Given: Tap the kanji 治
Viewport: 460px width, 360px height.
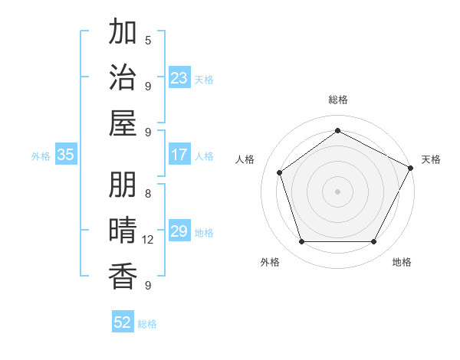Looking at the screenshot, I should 123,77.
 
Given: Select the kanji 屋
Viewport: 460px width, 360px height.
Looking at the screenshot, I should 123,123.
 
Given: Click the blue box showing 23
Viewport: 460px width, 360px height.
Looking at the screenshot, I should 179,78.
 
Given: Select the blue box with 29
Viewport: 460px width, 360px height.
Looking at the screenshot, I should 179,232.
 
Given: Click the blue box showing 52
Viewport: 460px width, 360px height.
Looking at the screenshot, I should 123,322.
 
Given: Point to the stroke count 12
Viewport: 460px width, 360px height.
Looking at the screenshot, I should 148,240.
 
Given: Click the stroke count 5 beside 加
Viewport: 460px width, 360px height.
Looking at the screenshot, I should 148,40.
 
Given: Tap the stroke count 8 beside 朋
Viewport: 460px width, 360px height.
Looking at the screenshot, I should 148,193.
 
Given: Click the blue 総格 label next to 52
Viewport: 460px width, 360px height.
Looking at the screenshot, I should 147,324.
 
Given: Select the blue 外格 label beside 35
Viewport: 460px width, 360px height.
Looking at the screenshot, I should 41,156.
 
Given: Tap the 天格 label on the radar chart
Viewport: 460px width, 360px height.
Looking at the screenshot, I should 431,159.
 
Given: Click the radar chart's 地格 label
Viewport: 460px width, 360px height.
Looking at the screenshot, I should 402,262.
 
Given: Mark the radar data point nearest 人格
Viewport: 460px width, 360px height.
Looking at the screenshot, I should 280,172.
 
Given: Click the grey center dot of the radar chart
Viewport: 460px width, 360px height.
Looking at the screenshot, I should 337,191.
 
